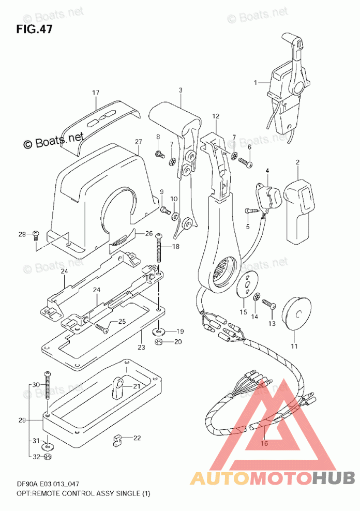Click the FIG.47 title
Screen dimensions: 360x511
pyautogui.click(x=34, y=29)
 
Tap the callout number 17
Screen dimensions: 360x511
pyautogui.click(x=96, y=93)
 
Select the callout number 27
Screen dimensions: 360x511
pyautogui.click(x=139, y=141)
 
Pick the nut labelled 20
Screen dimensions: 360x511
pyautogui.click(x=159, y=342)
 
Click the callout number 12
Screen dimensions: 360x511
pyautogui.click(x=216, y=116)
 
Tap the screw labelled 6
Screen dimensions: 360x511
pyautogui.click(x=246, y=162)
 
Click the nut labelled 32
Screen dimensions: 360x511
pyautogui.click(x=47, y=457)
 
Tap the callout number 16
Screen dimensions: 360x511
pyautogui.click(x=264, y=443)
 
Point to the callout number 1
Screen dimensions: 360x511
pyautogui.click(x=256, y=83)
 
